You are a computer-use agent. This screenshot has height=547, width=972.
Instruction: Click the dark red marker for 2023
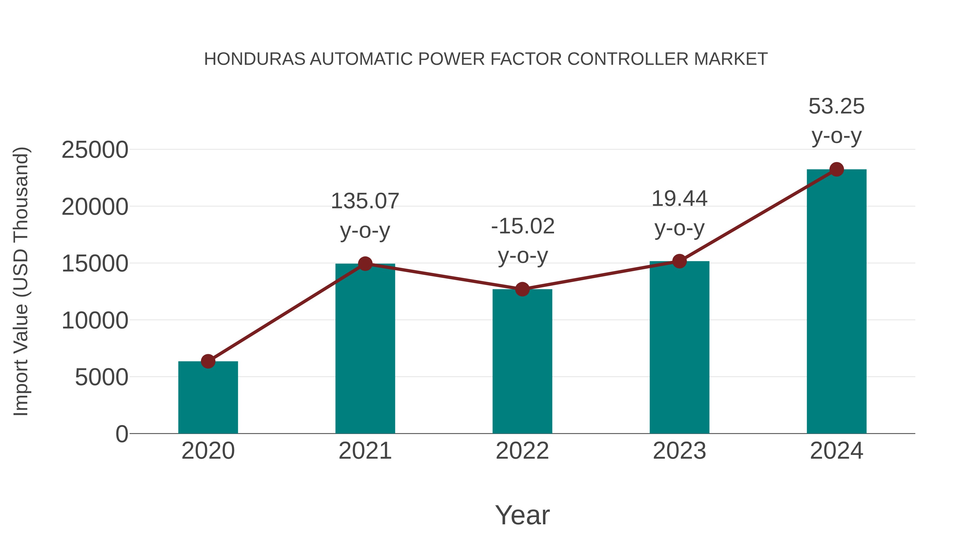coord(680,261)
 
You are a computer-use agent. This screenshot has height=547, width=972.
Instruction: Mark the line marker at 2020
coord(208,361)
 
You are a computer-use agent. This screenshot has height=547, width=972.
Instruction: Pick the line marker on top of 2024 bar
coord(836,169)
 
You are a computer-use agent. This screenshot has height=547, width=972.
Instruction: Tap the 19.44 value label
coord(679,199)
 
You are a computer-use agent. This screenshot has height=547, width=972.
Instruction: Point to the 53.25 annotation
coord(836,106)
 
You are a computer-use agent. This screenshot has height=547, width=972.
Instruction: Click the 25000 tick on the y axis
coord(95,150)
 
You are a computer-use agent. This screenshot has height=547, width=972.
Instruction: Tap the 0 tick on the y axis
coord(122,434)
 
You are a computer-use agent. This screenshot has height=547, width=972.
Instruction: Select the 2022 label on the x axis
coord(522,451)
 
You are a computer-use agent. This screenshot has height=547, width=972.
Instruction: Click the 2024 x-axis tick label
coord(836,451)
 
